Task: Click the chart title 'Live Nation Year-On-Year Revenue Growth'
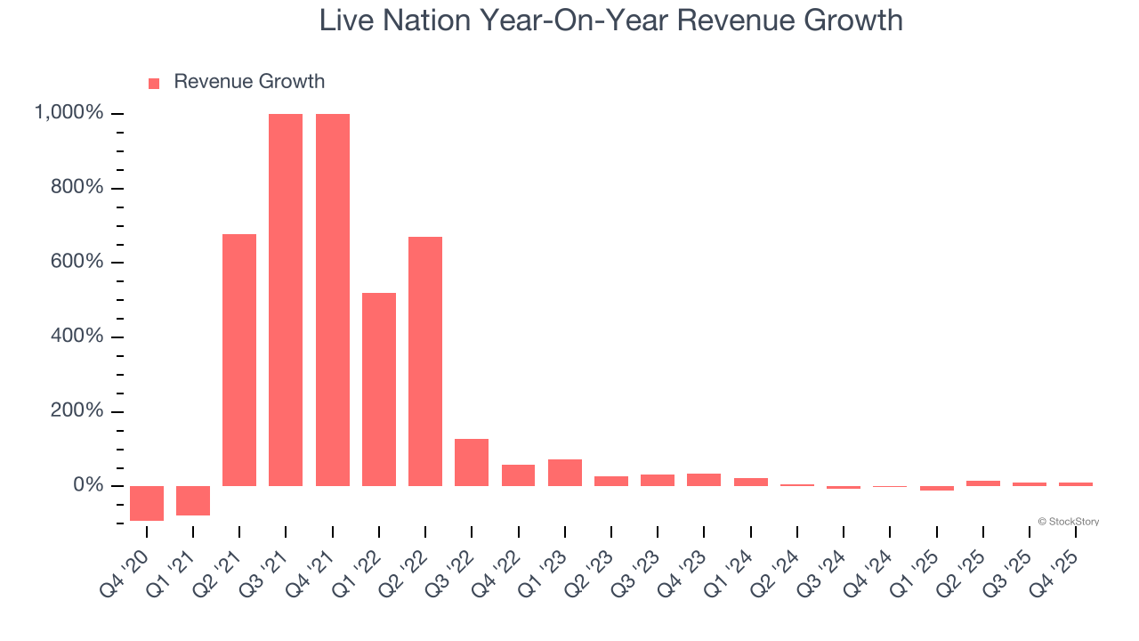610,20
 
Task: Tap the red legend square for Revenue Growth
154,83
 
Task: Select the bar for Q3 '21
286,299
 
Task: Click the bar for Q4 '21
332,299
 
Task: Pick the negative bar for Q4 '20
147,503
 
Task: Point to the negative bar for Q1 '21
193,500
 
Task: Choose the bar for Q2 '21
239,360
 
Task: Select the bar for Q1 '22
379,389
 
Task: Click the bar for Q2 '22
425,361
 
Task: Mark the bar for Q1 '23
565,473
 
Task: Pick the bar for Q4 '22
518,475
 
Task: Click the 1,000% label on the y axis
69,113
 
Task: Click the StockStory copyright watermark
1068,522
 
